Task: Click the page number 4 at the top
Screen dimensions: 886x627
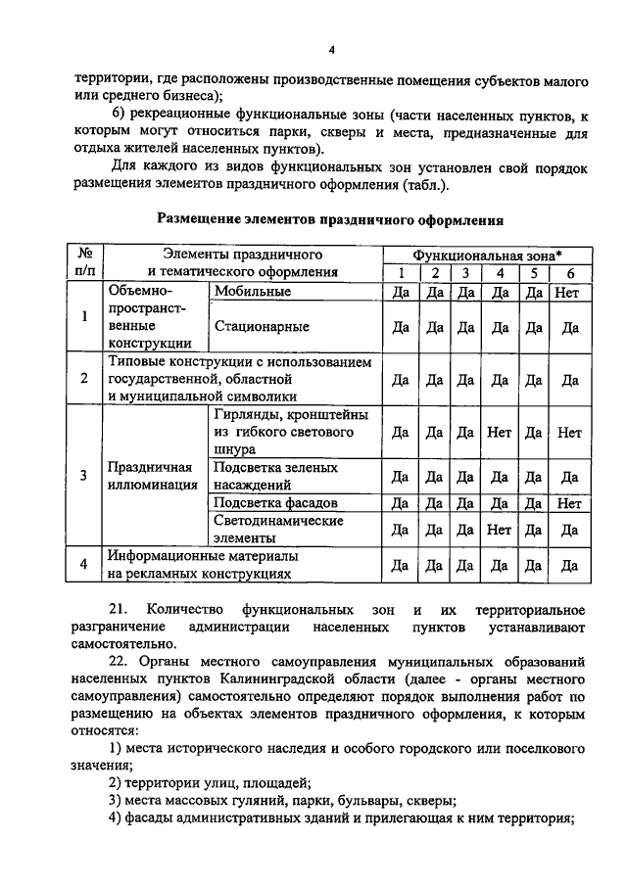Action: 331,51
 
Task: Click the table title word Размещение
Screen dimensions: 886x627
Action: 205,220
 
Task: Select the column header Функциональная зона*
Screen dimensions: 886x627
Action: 486,255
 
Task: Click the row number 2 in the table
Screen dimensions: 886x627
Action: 84,379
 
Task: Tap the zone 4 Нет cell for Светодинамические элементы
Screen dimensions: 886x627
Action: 500,530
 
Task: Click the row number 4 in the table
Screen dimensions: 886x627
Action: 84,565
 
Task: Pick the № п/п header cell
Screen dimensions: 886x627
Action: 84,263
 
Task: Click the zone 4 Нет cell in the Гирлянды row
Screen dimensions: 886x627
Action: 500,432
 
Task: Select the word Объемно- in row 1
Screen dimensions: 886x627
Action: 143,292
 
